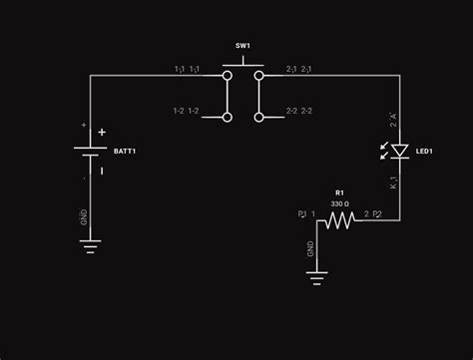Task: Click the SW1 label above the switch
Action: click(242, 47)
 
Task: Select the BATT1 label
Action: click(125, 151)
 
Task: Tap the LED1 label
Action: click(424, 152)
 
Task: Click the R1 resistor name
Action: click(339, 192)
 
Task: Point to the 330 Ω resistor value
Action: click(339, 203)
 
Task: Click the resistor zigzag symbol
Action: click(339, 218)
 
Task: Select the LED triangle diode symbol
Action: click(399, 151)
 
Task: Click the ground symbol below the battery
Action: click(91, 245)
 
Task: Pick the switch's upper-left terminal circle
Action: click(228, 75)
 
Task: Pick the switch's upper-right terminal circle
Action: click(258, 75)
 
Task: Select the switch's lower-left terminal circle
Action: click(228, 117)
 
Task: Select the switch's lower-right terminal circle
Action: click(258, 117)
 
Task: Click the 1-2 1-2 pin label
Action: click(186, 111)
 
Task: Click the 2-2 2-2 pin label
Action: click(299, 111)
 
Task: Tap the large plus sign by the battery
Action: click(101, 132)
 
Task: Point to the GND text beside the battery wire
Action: click(84, 215)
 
